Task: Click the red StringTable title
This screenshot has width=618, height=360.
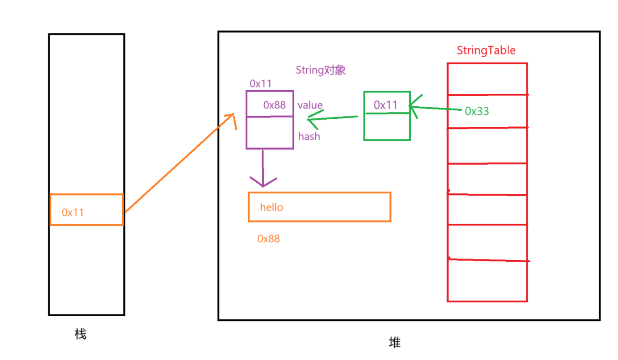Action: tap(486, 50)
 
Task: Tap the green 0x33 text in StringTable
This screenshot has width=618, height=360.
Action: tap(477, 111)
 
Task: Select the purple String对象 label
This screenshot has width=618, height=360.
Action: tap(321, 70)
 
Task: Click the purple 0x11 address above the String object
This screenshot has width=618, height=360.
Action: tap(261, 84)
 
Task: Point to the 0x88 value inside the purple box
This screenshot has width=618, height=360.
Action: tap(274, 105)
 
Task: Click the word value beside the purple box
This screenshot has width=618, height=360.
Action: tap(310, 105)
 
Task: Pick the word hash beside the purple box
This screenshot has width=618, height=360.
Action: tap(309, 136)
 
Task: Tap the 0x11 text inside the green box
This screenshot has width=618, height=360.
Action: tap(385, 105)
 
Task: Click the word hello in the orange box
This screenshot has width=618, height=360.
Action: tap(271, 207)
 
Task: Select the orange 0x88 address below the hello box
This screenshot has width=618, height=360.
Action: tap(268, 239)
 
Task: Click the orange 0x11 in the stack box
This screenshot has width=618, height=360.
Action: tap(73, 213)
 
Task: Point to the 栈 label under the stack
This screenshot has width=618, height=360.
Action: tap(80, 334)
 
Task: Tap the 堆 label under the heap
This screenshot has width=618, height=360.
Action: tap(395, 343)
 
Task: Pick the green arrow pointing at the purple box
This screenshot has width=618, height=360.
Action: tap(333, 118)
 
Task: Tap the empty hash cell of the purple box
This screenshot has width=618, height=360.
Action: tap(270, 133)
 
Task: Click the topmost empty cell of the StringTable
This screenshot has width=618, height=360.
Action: tap(487, 79)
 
